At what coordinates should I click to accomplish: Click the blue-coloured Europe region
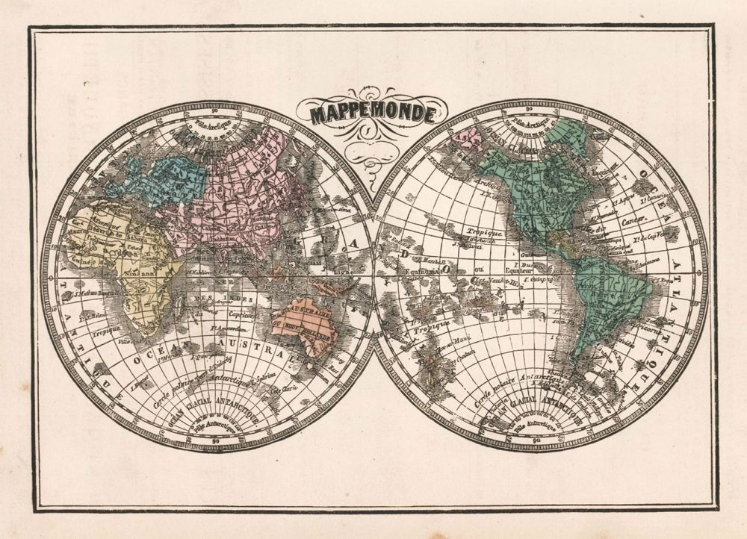(168, 175)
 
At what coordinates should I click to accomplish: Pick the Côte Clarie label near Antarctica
(286, 388)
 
